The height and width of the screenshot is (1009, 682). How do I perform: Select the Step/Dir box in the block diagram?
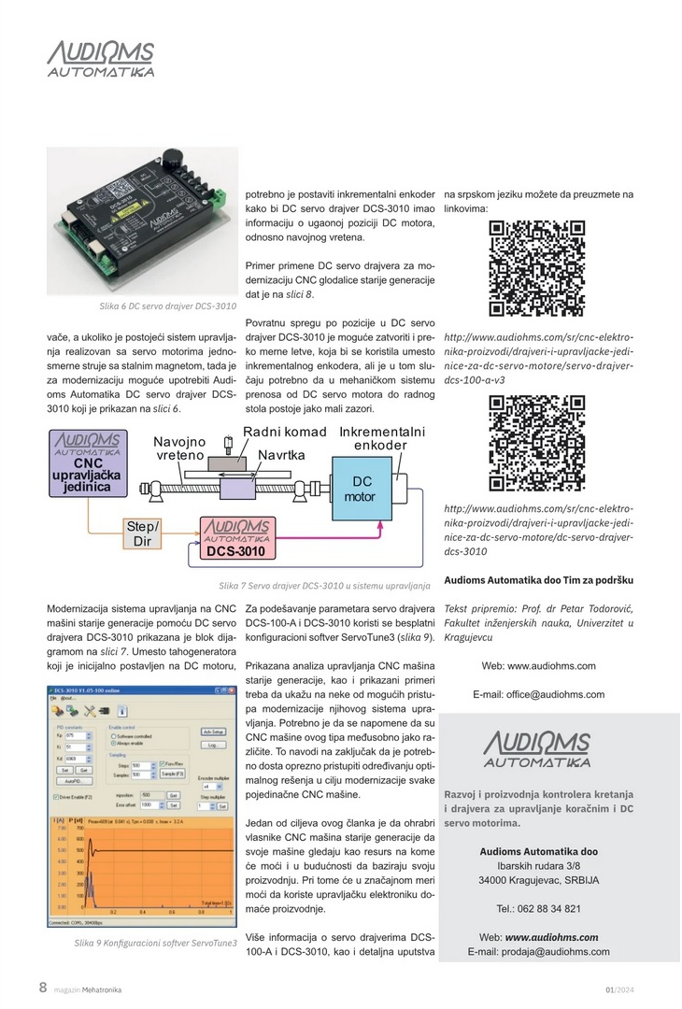[143, 533]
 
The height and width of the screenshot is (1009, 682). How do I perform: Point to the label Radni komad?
[285, 432]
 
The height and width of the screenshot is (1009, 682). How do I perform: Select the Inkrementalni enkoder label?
[381, 438]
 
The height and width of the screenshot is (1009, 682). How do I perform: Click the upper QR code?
[537, 269]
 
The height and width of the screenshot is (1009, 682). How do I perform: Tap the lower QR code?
[537, 444]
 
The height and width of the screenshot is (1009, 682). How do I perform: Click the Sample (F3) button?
[171, 775]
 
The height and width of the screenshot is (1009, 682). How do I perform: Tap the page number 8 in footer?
[43, 988]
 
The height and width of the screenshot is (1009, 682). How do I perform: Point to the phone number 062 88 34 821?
[538, 908]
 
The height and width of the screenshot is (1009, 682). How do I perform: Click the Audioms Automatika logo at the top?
[101, 59]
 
